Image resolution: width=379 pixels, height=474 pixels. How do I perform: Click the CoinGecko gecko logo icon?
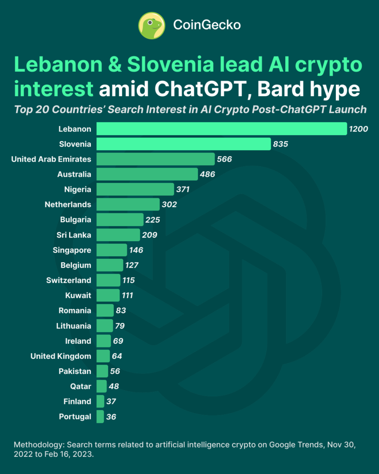[151, 25]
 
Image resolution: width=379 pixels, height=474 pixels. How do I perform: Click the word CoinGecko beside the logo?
[207, 25]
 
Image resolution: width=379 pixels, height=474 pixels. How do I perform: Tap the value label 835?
[280, 144]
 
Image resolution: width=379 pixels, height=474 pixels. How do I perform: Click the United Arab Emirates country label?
[51, 159]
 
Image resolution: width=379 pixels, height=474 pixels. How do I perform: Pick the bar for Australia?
[147, 174]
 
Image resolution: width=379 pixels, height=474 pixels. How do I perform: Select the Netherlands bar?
[128, 204]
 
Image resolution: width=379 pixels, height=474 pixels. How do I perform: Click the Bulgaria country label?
[76, 219]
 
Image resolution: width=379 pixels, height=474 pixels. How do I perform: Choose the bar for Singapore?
[112, 250]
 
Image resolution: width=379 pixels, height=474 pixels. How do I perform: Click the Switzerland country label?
[69, 280]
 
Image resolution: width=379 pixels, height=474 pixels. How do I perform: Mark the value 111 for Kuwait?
[126, 295]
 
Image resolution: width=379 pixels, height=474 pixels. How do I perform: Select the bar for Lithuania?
[105, 326]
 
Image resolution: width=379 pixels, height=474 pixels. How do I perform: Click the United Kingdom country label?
[61, 356]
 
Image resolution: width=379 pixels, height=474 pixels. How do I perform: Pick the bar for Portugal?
[100, 417]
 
